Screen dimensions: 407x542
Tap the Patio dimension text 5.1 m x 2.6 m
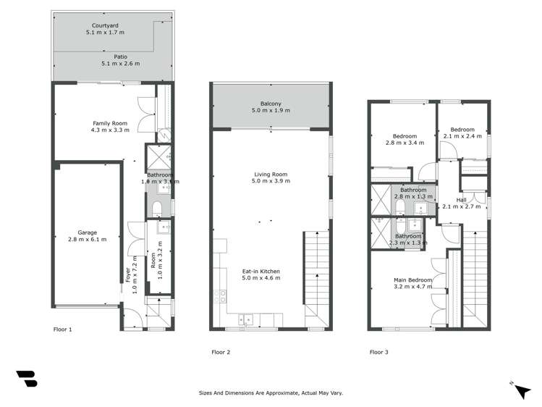click(121, 64)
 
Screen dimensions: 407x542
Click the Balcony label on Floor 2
click(271, 103)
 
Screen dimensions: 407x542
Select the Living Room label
click(271, 174)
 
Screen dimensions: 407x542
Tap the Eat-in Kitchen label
click(261, 272)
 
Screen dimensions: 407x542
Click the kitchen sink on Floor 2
click(247, 316)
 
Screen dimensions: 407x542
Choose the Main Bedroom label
click(413, 280)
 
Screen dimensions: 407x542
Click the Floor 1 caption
click(63, 330)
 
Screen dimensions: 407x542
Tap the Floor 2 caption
click(221, 352)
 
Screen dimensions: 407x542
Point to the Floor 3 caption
click(378, 352)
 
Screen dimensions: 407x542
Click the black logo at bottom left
click(26, 379)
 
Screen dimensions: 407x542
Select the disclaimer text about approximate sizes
click(271, 393)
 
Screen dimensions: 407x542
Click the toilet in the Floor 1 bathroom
click(158, 209)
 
